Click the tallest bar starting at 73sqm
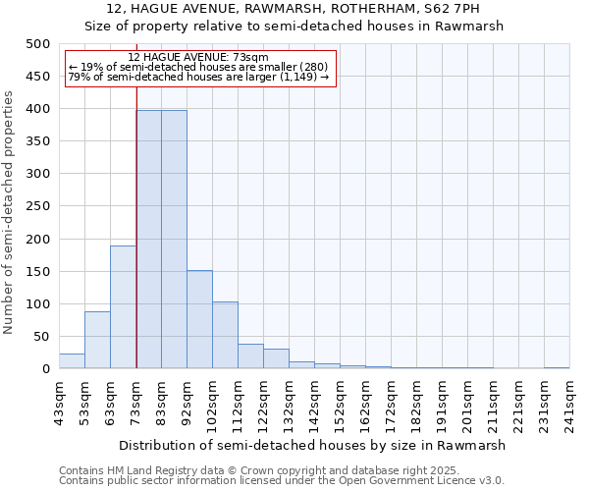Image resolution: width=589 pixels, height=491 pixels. (148, 240)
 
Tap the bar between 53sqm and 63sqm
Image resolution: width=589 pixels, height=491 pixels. (97, 340)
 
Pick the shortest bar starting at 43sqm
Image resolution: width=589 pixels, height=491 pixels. (72, 361)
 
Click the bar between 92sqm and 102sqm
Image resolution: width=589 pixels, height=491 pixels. (199, 319)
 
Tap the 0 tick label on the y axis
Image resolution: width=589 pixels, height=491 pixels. (45, 369)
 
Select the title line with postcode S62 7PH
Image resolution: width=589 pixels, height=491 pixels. (294, 9)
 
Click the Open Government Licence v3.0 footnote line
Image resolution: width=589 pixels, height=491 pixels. (282, 481)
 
